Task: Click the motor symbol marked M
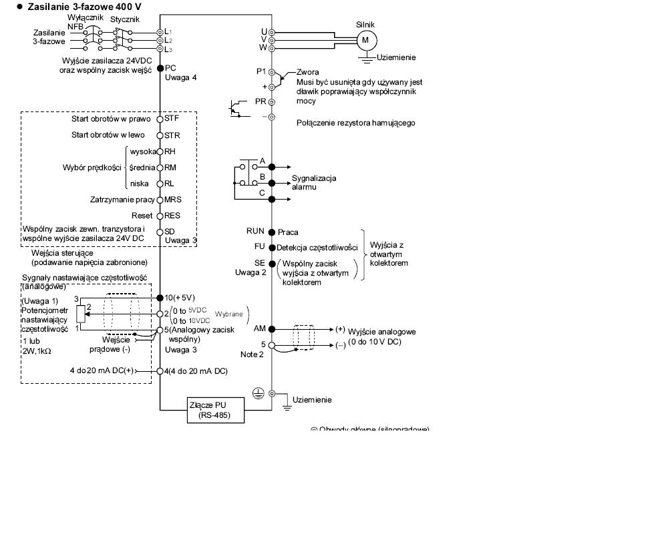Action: [x=365, y=40]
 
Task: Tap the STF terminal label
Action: [x=172, y=119]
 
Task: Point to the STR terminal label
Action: [x=172, y=135]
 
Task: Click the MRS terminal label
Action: [x=173, y=199]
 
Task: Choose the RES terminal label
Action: [x=172, y=216]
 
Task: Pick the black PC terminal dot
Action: [x=160, y=68]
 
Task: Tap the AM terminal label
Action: [x=261, y=328]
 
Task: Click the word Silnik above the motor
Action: [x=366, y=24]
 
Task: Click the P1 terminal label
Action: [x=261, y=71]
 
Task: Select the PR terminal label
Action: [x=261, y=101]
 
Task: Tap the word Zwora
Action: [x=308, y=72]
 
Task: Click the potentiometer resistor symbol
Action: [x=81, y=312]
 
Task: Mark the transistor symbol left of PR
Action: [x=235, y=108]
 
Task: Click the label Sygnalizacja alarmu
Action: [x=314, y=183]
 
